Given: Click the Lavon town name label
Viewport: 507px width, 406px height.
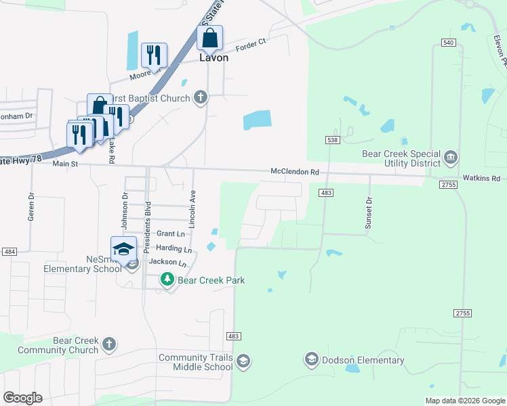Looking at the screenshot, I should pos(213,58).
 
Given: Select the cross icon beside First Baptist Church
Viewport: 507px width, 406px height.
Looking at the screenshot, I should pos(200,98).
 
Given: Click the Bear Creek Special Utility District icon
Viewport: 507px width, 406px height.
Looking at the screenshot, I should pos(450,158).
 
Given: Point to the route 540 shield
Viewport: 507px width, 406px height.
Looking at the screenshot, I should pos(447,43).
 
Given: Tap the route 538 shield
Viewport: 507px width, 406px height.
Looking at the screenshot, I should pos(331,140).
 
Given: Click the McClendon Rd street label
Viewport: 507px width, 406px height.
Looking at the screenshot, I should pos(295,173).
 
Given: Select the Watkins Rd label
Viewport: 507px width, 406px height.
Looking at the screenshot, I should pos(481,179).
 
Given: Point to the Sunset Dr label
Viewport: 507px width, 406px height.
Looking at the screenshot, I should pos(369,214).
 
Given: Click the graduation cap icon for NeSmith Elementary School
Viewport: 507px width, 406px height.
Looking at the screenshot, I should pos(124,249).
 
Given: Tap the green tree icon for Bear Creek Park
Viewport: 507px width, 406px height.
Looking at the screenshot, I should pos(167,279).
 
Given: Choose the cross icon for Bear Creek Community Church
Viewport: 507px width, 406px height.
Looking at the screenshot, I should pos(108,344).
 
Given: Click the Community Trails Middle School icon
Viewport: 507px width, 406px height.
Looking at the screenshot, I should pos(243,363).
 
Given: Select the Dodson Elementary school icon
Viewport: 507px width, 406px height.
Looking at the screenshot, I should pos(311,359).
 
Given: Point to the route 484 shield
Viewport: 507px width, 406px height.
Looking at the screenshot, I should pos(9,252).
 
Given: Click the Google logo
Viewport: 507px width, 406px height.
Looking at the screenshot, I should pos(22,397).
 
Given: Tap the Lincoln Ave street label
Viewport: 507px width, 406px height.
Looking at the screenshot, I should pos(192,209).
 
